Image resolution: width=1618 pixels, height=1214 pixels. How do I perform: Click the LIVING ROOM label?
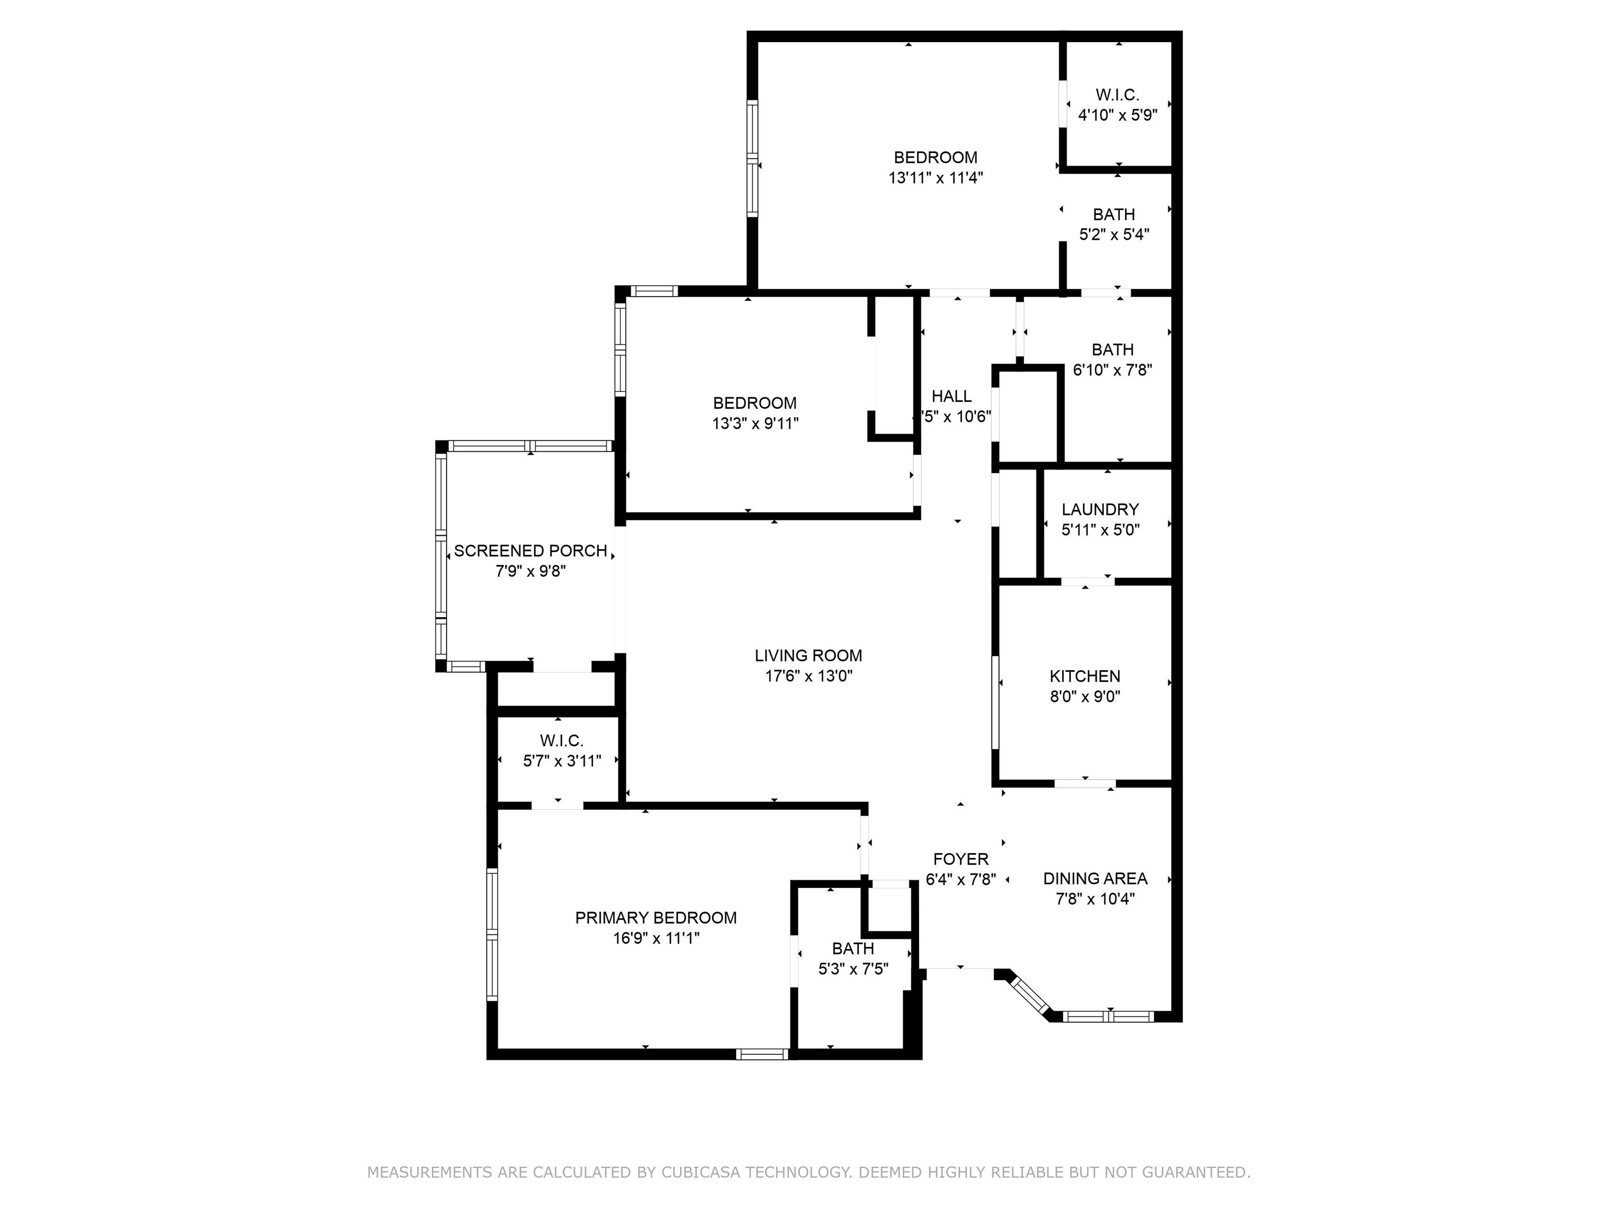808,655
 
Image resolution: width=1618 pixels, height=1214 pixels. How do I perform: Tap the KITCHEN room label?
1085,676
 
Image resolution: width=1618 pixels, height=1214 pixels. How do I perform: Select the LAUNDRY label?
1100,510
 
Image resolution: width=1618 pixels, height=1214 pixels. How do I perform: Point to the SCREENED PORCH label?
530,551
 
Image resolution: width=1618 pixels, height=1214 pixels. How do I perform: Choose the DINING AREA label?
1095,878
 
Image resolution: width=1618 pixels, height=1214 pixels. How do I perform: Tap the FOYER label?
960,859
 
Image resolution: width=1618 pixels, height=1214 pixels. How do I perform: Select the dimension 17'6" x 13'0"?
808,676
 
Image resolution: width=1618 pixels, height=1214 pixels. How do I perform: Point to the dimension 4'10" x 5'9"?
1117,115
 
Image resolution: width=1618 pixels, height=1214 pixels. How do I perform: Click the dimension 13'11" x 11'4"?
935,178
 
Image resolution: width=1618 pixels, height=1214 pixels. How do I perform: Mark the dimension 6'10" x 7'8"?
1112,370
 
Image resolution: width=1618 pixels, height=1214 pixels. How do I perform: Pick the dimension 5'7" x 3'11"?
562,761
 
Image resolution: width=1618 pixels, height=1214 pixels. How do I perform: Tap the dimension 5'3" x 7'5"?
853,969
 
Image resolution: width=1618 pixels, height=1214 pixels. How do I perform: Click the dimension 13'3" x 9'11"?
755,423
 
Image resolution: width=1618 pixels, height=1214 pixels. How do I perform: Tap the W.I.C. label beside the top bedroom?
1117,95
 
